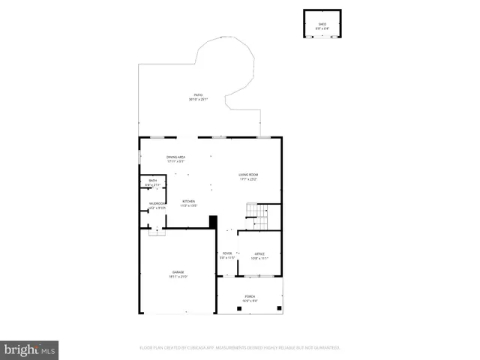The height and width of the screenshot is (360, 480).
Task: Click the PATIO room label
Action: pos(198,95)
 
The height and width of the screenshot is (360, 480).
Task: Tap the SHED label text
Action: pos(322,24)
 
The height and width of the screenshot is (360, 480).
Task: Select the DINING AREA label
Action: pos(175,157)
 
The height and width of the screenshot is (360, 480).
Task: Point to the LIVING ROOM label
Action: pos(249,175)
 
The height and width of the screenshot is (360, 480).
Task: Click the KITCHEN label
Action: pos(189,201)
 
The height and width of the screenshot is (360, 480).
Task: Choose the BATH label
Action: pos(152,181)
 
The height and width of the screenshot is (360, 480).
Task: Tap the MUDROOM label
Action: pos(157,203)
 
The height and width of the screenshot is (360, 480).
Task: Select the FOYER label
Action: pos(227,253)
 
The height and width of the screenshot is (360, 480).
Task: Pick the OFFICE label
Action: pos(259,253)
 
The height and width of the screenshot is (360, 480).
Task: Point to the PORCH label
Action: pos(249,296)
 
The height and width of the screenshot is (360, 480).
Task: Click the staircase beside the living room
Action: pos(261,217)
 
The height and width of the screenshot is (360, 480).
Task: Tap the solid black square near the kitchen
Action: pos(212,223)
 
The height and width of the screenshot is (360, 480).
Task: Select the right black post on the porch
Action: pos(279,307)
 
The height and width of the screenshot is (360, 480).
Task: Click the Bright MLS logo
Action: pos(30,349)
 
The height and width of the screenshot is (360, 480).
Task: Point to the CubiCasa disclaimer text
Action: pos(239,347)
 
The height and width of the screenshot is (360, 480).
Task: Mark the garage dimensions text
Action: pos(178,277)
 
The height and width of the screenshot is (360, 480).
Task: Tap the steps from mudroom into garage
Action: pos(156,232)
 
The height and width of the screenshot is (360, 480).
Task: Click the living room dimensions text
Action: pos(249,179)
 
